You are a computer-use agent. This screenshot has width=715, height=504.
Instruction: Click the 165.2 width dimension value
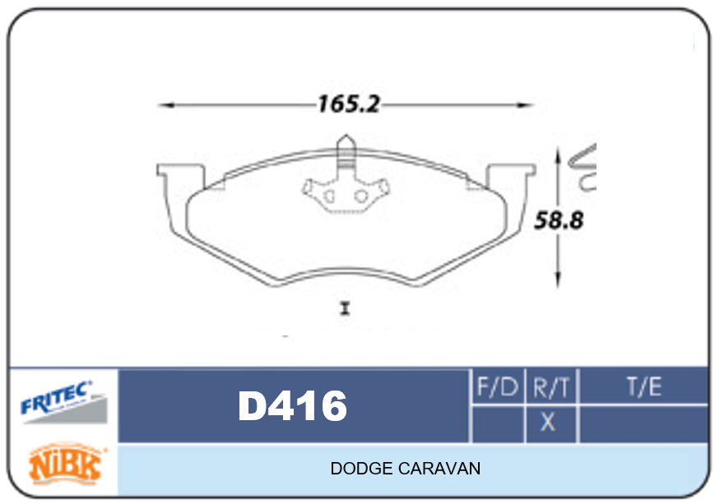pos(348,104)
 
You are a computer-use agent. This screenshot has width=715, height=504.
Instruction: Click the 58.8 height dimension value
pos(559,220)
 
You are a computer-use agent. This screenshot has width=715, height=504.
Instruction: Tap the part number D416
pos(292,405)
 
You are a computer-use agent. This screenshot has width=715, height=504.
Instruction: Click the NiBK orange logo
pos(66,464)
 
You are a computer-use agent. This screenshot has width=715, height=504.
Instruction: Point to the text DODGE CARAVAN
pos(406,469)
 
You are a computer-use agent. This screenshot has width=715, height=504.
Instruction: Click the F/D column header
pos(498,387)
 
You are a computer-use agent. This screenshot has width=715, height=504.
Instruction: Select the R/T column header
pos(550,388)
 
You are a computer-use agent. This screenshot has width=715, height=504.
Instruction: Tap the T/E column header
pos(644,387)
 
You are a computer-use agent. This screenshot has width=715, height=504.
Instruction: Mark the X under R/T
pos(548,422)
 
